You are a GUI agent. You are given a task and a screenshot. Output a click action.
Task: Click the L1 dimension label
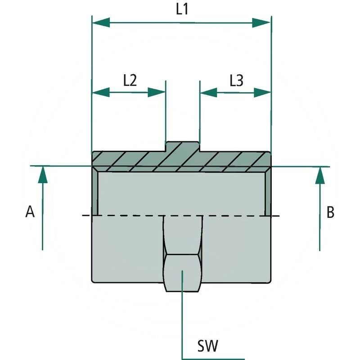182,10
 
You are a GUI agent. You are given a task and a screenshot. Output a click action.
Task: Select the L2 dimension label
130,80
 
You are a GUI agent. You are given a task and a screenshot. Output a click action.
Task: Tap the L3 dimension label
236,80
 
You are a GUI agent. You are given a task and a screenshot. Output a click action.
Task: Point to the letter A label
30,212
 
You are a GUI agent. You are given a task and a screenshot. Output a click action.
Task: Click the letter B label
330,212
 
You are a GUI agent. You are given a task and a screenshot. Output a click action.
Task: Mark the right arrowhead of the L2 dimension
157,93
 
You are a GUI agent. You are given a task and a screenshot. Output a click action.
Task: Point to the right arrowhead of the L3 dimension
261,93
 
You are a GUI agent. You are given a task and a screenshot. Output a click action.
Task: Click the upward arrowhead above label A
43,175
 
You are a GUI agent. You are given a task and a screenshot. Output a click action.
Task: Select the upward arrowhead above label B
320,175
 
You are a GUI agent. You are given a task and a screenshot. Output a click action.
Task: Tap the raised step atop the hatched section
182,147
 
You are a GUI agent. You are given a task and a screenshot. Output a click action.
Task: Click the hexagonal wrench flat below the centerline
182,272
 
